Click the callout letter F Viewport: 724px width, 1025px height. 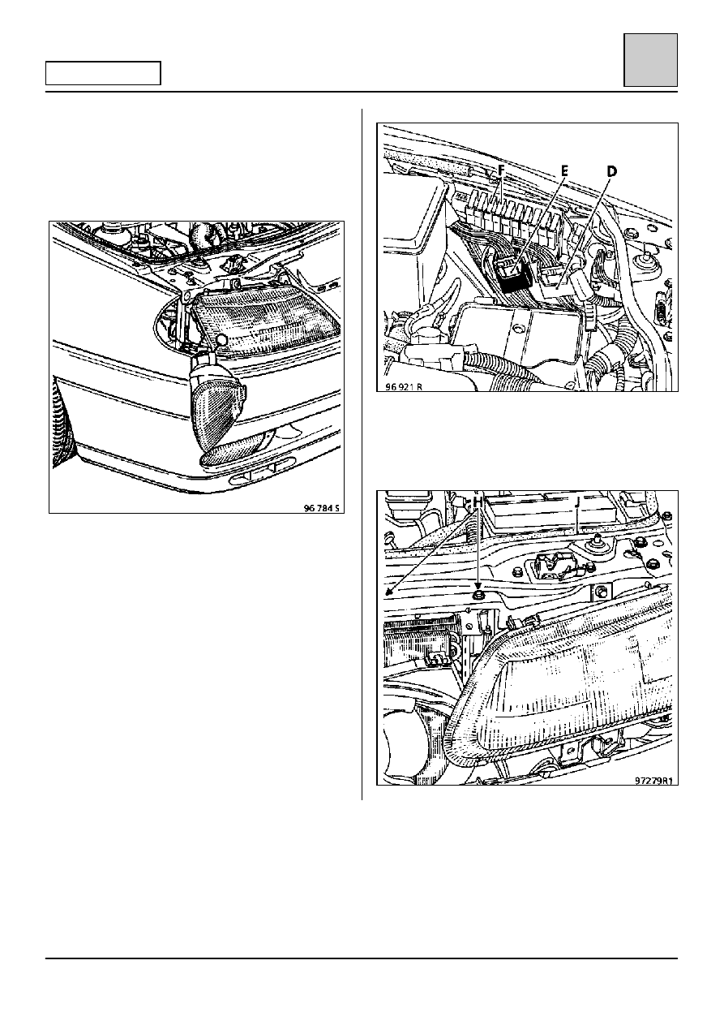[501, 171]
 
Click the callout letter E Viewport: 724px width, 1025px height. [564, 171]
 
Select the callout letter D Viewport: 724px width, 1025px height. [611, 171]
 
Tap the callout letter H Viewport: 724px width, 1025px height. [478, 502]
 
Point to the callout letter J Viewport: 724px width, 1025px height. [578, 502]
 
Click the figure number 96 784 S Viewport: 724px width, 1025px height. [322, 508]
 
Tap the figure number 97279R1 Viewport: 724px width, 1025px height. [653, 781]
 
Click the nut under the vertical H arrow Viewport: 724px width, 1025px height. [478, 595]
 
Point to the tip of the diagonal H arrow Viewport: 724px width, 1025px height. [386, 593]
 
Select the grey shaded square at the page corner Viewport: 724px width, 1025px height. [651, 60]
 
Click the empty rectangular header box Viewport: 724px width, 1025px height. [103, 73]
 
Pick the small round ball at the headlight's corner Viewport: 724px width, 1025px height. [222, 339]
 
